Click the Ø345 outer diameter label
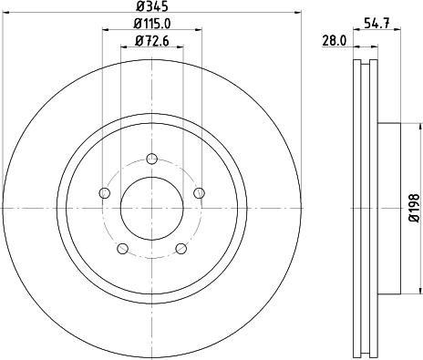[x=151, y=6]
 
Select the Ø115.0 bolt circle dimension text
[x=151, y=23]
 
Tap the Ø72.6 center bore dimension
[x=151, y=39]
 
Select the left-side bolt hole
[x=104, y=192]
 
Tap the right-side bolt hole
[x=199, y=191]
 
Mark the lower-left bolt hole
[x=122, y=249]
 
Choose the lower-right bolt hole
[x=181, y=249]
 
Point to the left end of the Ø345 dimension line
[x=4, y=14]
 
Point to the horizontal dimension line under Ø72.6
[x=151, y=46]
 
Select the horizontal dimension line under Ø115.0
[x=151, y=30]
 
